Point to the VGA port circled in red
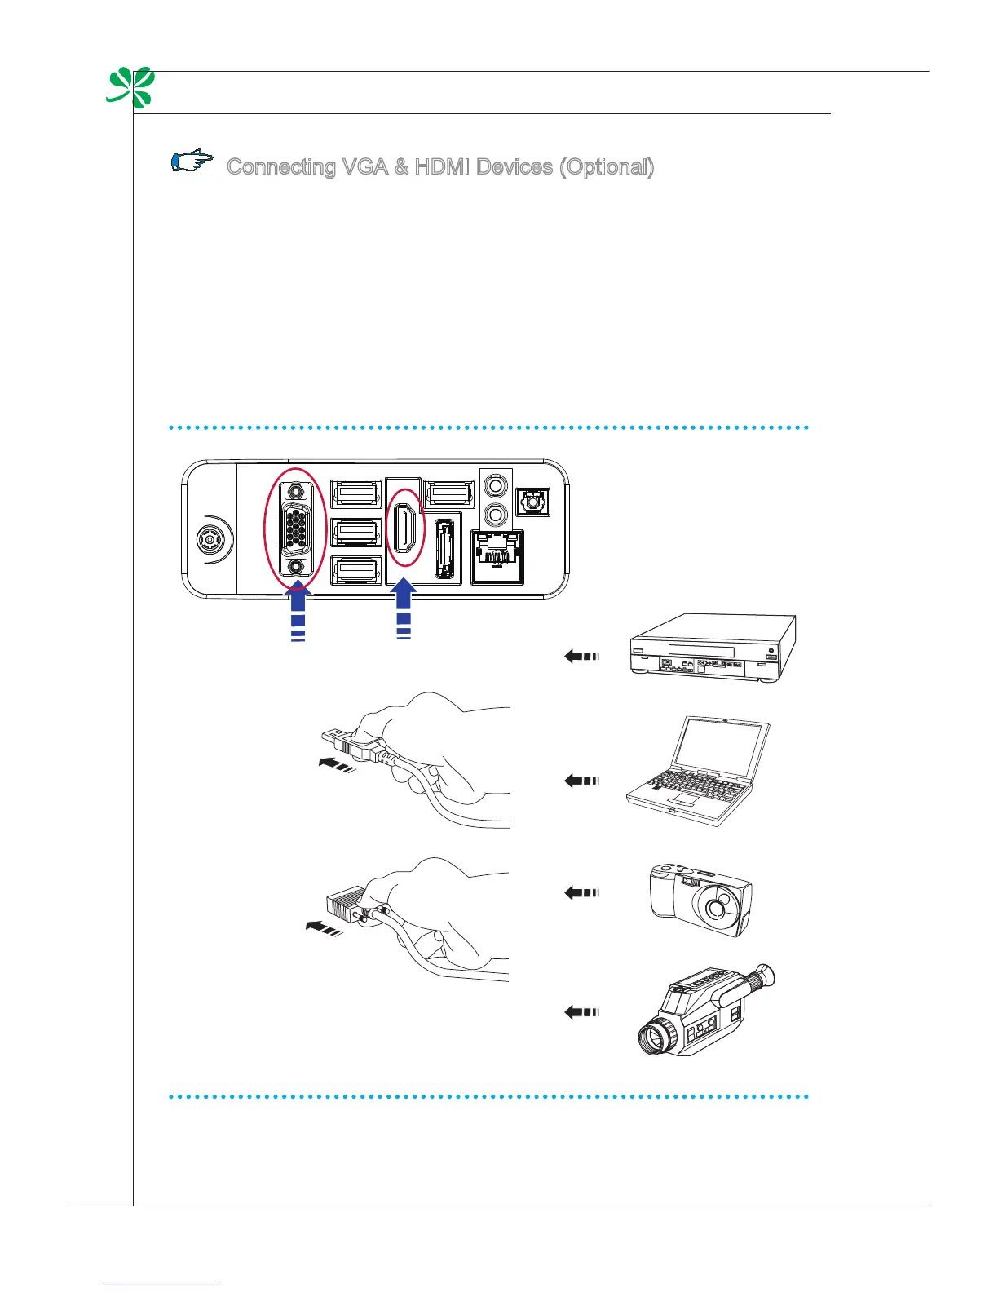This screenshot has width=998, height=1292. (x=295, y=529)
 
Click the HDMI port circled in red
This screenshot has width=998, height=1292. (x=405, y=527)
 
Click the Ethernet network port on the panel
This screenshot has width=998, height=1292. (x=497, y=556)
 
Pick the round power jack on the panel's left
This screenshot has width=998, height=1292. (x=210, y=540)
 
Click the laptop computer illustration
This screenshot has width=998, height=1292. (x=698, y=772)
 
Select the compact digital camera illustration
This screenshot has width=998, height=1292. (x=700, y=899)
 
